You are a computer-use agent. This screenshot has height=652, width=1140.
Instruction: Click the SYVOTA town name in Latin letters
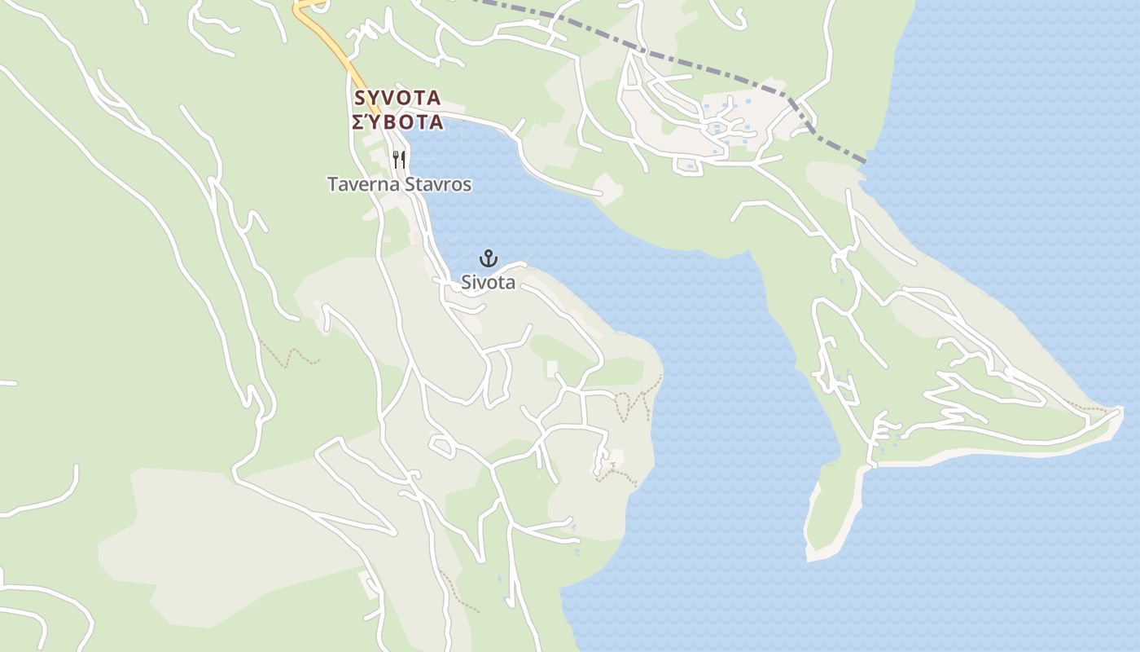tap(397, 98)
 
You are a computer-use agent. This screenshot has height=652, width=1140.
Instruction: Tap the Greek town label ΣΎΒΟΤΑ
tap(397, 122)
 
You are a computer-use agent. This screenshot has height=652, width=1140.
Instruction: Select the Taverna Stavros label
tap(399, 184)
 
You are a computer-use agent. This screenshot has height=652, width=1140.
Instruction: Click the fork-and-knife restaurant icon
tap(399, 159)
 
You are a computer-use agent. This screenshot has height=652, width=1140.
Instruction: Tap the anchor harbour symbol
tap(488, 259)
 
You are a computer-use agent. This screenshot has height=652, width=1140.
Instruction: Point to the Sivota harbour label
tap(488, 283)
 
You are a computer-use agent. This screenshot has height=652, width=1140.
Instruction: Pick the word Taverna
tap(362, 184)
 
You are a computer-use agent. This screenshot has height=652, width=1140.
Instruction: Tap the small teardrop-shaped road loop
tap(442, 446)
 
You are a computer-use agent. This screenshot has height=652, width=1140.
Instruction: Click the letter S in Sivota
tap(467, 283)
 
